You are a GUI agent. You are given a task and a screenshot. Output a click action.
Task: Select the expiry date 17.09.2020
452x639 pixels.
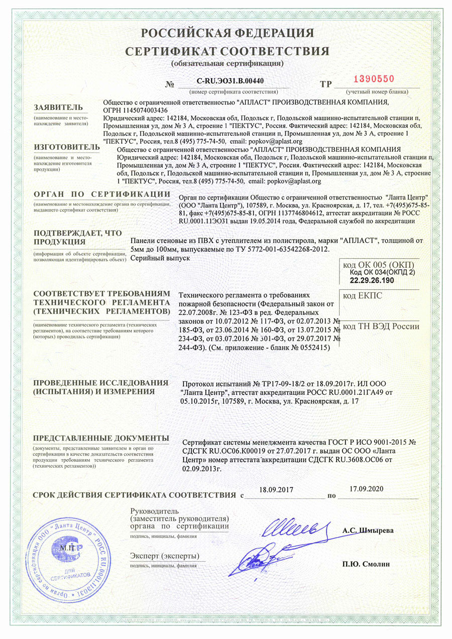point(366,488)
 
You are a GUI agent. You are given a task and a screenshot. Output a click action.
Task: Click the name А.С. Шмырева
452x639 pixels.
point(368,530)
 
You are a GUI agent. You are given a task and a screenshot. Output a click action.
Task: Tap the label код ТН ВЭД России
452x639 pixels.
point(380,327)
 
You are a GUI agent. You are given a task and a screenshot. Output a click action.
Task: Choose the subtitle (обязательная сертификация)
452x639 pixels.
point(227,64)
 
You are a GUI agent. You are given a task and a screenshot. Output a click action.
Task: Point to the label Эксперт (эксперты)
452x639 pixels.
point(164,556)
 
